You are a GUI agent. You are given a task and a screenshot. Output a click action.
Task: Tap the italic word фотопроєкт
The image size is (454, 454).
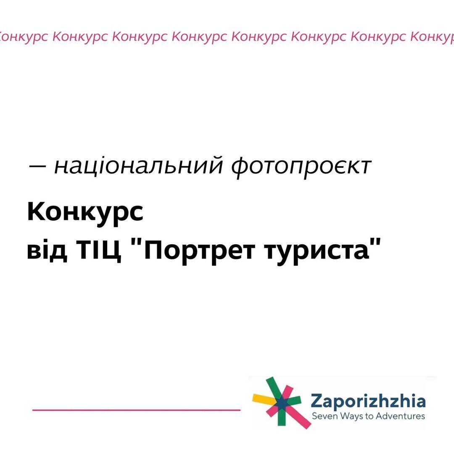pos(301,166)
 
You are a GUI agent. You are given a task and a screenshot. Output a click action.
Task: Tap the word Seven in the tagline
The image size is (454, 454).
pos(322,417)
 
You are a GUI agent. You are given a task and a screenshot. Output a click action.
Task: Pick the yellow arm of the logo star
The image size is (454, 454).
pos(261,397)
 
